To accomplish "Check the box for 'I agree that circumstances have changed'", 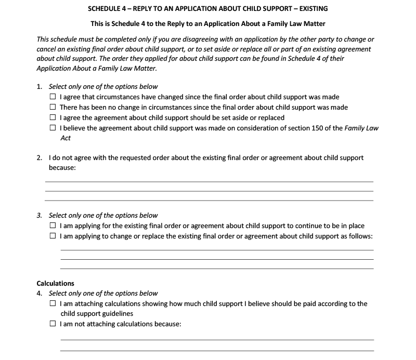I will [53, 97].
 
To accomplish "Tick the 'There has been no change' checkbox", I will [53, 108].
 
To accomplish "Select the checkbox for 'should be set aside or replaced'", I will [53, 118].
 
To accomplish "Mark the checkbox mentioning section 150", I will [53, 128].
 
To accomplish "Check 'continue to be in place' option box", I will [53, 226].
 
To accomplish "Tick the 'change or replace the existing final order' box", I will [53, 236].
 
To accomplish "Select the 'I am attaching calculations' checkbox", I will [53, 304].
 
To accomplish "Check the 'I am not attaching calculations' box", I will [53, 324].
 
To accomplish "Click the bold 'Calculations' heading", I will [55, 284].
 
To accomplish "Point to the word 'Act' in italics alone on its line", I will [66, 138].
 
